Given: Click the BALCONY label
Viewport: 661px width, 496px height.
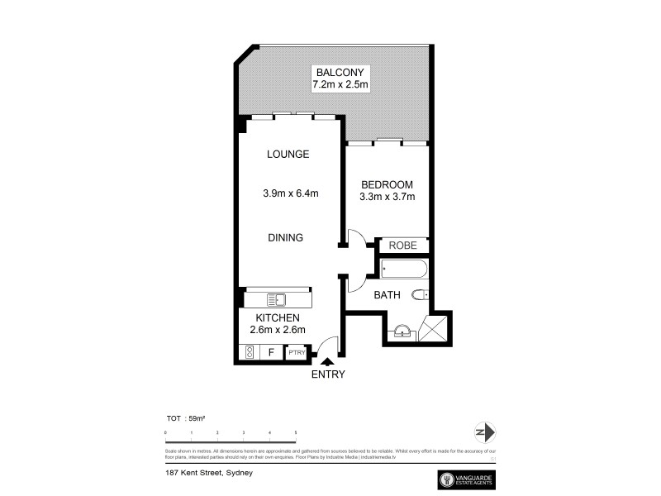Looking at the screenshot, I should click(340, 71).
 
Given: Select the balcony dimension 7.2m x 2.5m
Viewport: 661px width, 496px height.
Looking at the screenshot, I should click(340, 84).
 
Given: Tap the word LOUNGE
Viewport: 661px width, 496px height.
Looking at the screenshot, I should click(288, 154).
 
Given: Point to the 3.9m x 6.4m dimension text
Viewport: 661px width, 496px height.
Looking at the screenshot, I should click(291, 194).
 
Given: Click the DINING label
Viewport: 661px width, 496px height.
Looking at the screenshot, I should click(285, 237).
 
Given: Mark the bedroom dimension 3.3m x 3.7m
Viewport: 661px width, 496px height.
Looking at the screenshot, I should click(387, 197).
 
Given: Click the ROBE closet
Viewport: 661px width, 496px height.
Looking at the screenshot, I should click(403, 246).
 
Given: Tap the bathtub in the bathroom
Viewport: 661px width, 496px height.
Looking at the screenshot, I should click(404, 269).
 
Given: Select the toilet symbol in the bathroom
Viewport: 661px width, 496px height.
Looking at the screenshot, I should click(419, 294).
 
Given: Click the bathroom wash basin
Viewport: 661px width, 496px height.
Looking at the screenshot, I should click(401, 331).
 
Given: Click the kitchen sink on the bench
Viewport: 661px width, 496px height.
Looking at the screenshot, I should click(276, 299).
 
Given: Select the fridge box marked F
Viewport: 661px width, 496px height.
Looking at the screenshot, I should click(271, 353).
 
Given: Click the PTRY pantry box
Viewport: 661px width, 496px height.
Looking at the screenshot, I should click(297, 353).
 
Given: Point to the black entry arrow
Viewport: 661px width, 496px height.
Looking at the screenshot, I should click(328, 361).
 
